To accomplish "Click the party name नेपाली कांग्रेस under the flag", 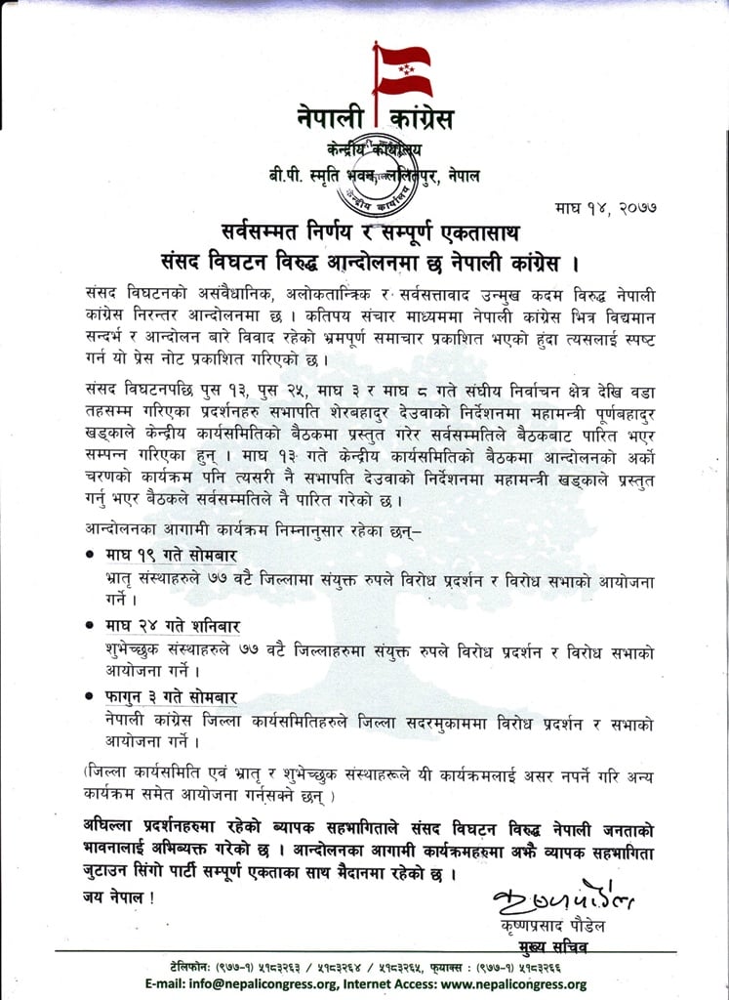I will [376, 120].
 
